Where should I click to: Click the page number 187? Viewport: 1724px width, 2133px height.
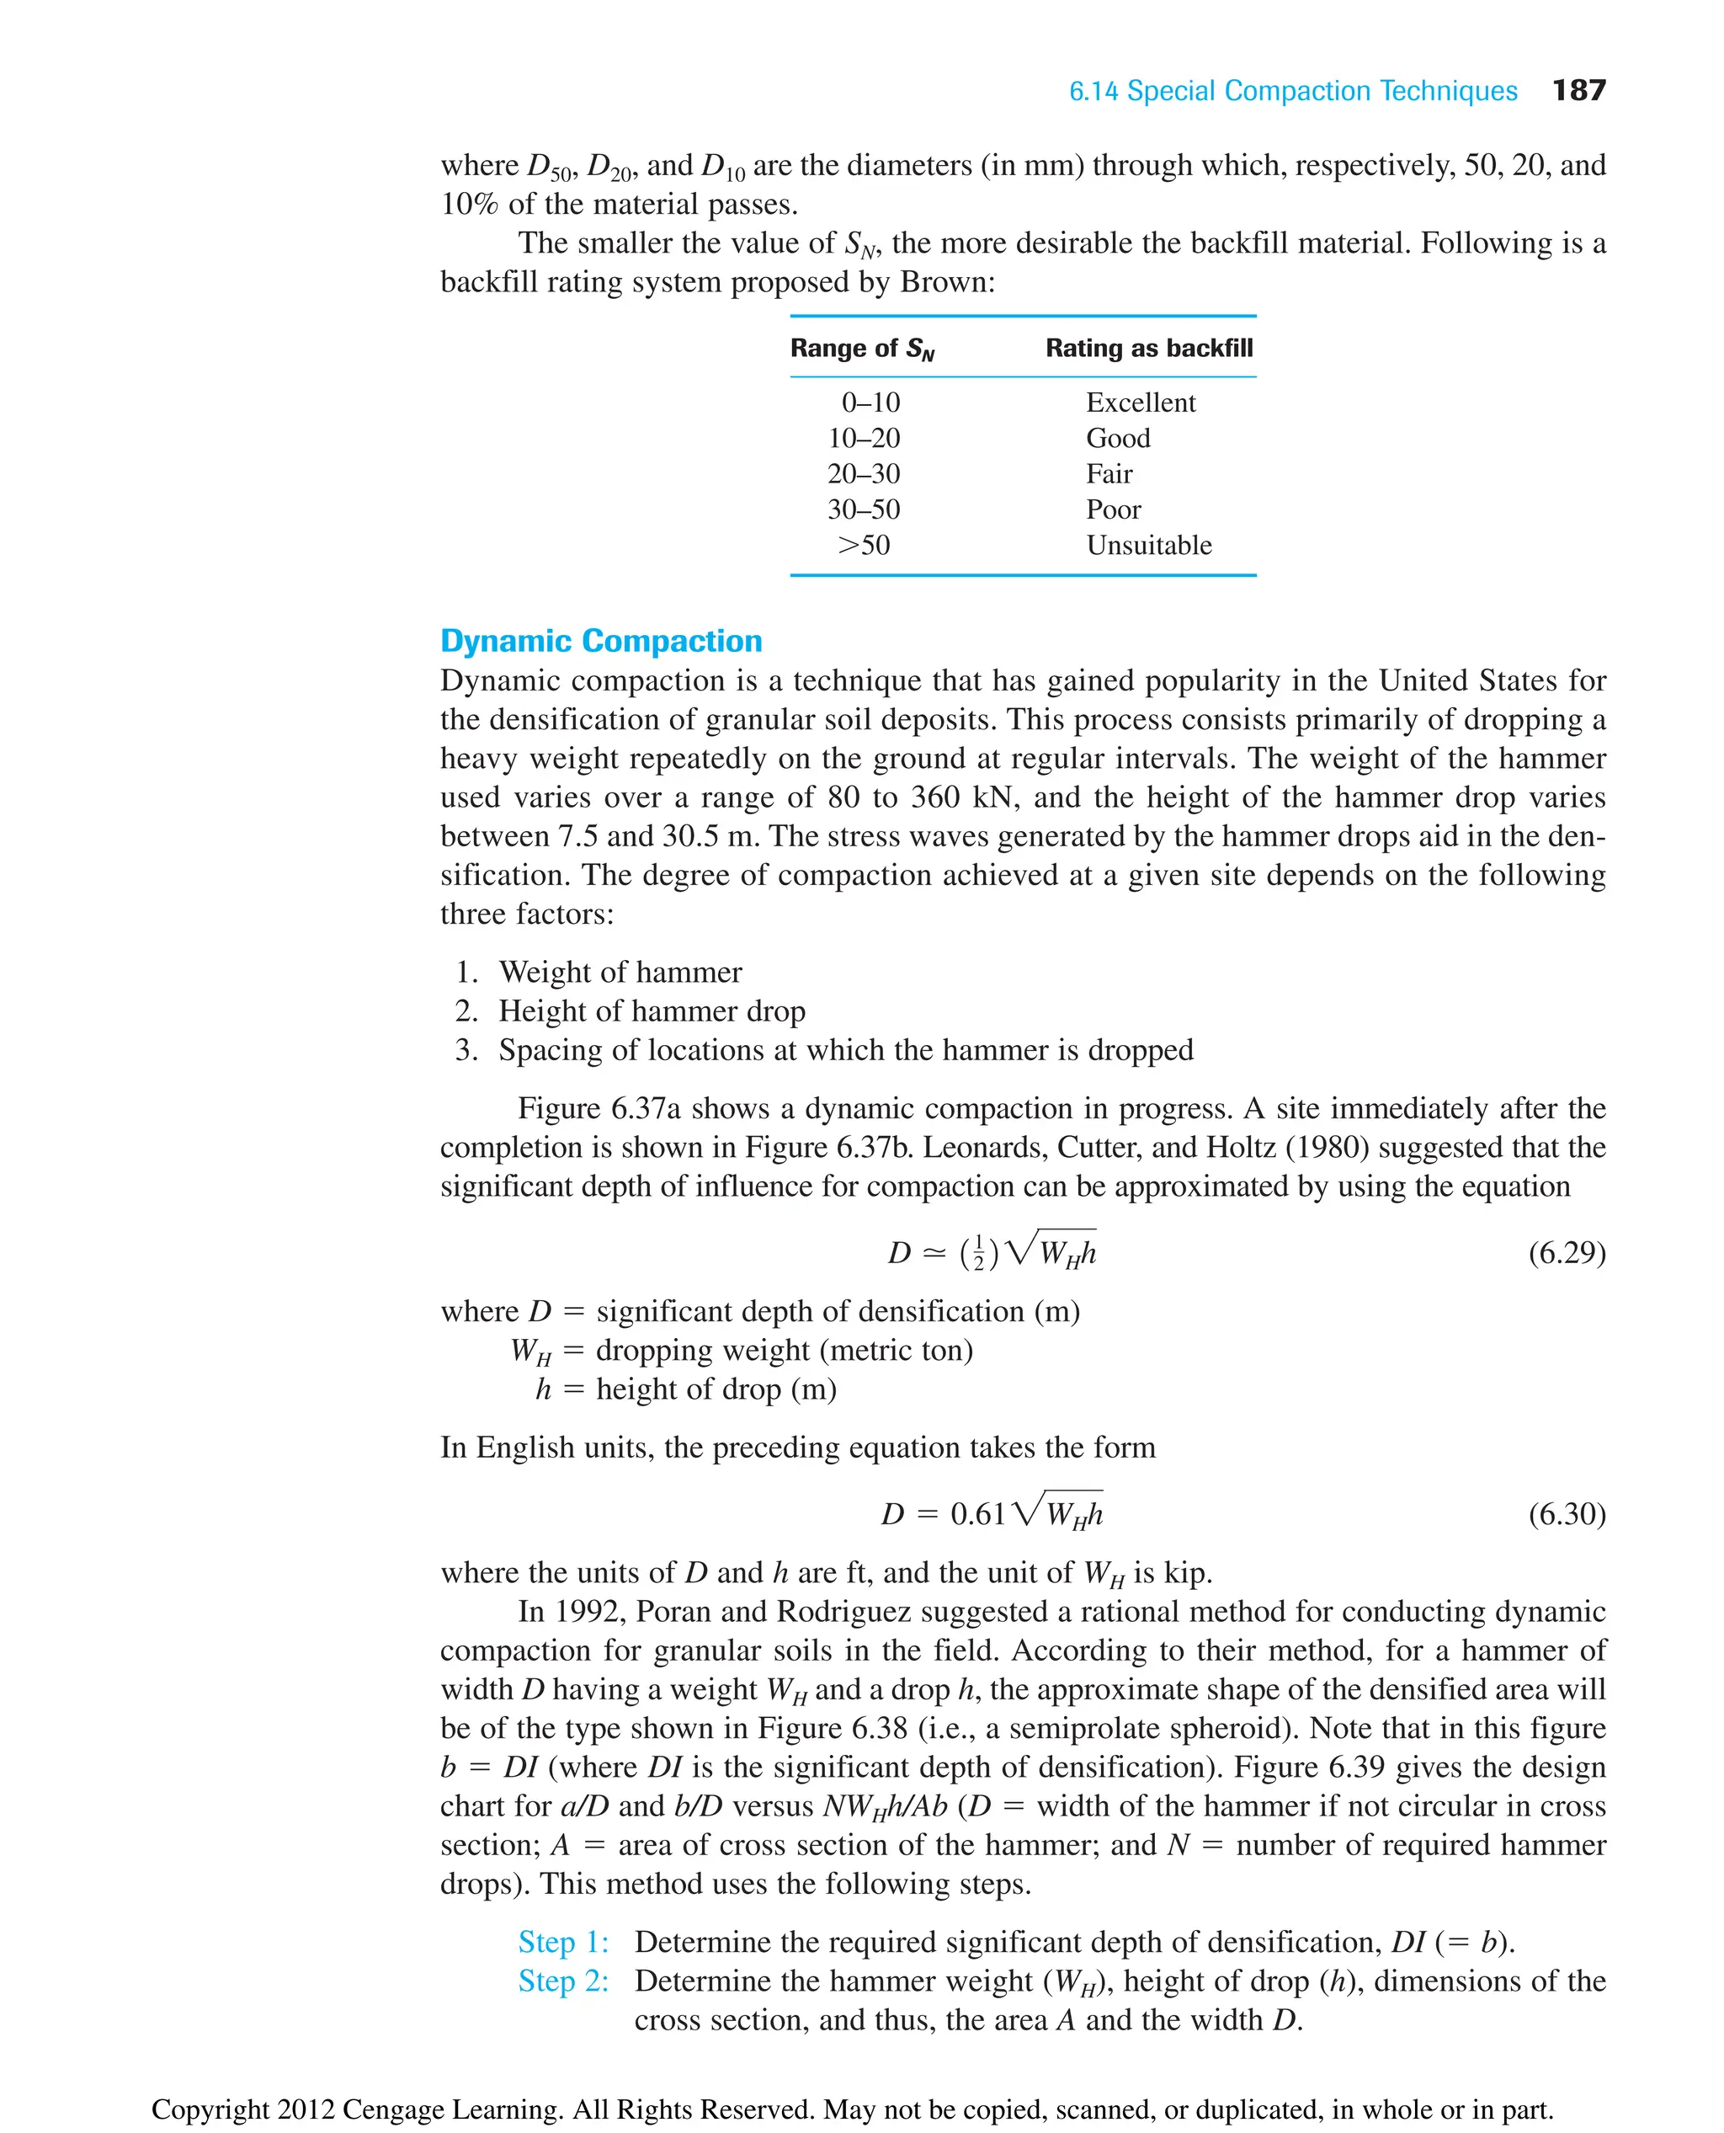pos(1578,90)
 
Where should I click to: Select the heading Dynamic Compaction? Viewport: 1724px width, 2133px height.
pos(601,641)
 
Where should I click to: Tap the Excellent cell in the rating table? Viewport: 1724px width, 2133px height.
pos(1140,403)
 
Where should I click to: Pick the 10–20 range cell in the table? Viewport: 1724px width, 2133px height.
pos(864,438)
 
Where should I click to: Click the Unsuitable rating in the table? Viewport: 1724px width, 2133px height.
pos(1148,546)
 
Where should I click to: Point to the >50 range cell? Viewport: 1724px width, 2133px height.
pos(864,546)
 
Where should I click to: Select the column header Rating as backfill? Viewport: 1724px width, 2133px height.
pos(1149,348)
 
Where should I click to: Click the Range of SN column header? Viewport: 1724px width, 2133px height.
pos(862,349)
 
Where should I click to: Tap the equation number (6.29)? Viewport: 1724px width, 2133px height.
pos(1566,1253)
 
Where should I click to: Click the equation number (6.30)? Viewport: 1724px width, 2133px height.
pos(1566,1513)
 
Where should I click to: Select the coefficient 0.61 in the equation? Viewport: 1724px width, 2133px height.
pos(978,1514)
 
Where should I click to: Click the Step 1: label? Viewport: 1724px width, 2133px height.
pos(563,1942)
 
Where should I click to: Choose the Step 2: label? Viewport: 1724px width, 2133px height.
pos(563,1981)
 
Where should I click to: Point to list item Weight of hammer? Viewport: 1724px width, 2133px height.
pos(620,972)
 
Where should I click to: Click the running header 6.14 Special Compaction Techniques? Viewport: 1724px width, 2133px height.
pos(1292,92)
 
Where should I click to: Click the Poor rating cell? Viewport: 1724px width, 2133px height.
pos(1113,509)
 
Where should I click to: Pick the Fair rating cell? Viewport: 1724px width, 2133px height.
pos(1109,474)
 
